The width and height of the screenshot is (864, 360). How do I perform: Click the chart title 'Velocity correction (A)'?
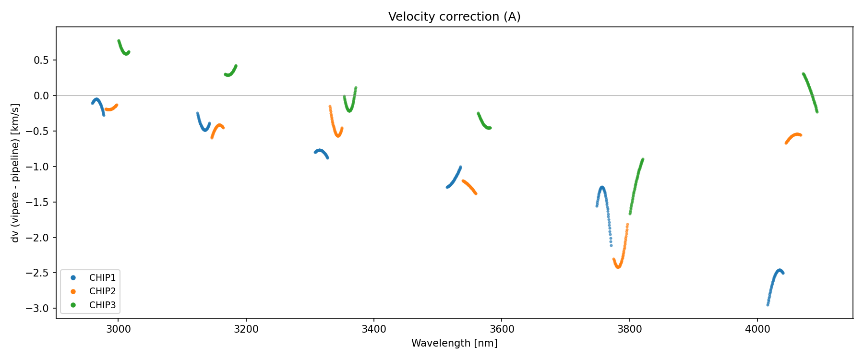pos(454,17)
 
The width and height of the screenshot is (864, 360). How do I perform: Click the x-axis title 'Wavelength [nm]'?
pos(454,343)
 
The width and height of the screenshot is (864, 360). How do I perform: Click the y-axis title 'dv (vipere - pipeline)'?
pos(15,173)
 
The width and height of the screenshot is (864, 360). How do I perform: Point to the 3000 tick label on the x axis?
pos(118,329)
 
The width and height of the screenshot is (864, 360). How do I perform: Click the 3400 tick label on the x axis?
pos(373,329)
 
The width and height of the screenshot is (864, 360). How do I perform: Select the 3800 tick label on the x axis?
pos(629,329)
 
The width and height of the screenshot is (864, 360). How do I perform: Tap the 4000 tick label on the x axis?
pos(757,329)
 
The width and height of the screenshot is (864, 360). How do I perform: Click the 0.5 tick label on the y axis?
pos(42,60)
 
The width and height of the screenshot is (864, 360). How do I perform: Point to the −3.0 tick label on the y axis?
pos(38,308)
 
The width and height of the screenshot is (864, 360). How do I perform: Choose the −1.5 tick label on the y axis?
pos(38,202)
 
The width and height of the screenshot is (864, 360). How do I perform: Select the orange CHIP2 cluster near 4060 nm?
pos(794,136)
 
